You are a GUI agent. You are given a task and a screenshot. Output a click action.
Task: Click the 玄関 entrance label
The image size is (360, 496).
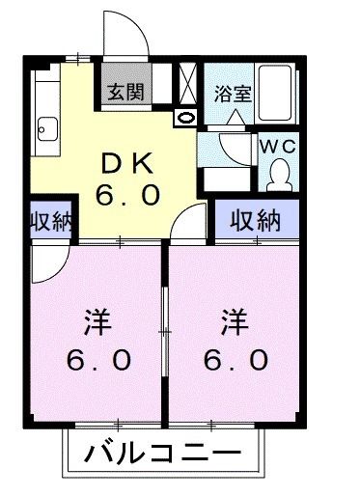coord(124,93)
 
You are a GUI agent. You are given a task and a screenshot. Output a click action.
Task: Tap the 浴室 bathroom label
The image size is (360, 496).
coord(232,96)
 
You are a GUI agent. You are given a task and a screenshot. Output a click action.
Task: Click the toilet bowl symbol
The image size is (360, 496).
coord(280,173)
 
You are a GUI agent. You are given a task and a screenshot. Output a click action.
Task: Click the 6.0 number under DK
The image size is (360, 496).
coord(126,196)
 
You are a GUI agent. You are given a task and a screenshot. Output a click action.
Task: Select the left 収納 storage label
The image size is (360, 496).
coord(49,220)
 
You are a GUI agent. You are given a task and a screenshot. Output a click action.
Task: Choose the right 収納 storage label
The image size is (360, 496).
coord(255,220)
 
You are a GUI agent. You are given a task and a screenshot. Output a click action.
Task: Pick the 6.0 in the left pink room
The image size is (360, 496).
coord(99,360)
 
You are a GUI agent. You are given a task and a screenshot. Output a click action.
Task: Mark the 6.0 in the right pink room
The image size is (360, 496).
coord(235,360)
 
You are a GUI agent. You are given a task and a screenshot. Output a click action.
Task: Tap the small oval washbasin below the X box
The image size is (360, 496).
coord(185,117)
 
